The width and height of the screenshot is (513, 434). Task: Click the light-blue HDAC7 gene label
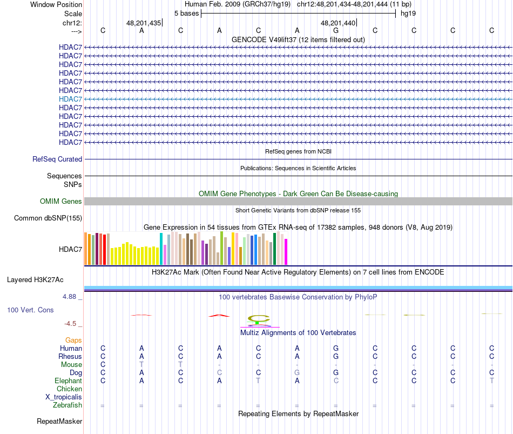pyautogui.click(x=71, y=99)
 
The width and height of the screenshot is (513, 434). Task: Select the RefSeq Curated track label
pyautogui.click(x=57, y=159)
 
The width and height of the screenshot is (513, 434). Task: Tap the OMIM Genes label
pyautogui.click(x=61, y=202)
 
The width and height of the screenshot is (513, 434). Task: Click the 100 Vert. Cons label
pyautogui.click(x=31, y=310)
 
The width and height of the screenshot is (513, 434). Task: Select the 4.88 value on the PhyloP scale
pyautogui.click(x=71, y=297)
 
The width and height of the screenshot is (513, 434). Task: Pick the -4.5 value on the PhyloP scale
pyautogui.click(x=71, y=324)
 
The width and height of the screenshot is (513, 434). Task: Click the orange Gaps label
pyautogui.click(x=73, y=340)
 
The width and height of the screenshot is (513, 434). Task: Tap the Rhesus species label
pyautogui.click(x=70, y=357)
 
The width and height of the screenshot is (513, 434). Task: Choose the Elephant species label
pyautogui.click(x=69, y=381)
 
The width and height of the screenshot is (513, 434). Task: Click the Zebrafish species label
pyautogui.click(x=67, y=405)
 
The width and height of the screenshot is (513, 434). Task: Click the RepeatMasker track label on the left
pyautogui.click(x=59, y=421)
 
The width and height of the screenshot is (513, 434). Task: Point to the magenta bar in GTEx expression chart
pyautogui.click(x=286, y=252)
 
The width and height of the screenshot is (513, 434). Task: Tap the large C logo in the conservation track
pyautogui.click(x=258, y=319)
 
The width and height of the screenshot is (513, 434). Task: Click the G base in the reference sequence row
pyautogui.click(x=336, y=31)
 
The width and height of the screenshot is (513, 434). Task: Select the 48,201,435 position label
pyautogui.click(x=144, y=23)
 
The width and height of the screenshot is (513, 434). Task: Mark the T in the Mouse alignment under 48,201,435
pyautogui.click(x=141, y=365)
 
